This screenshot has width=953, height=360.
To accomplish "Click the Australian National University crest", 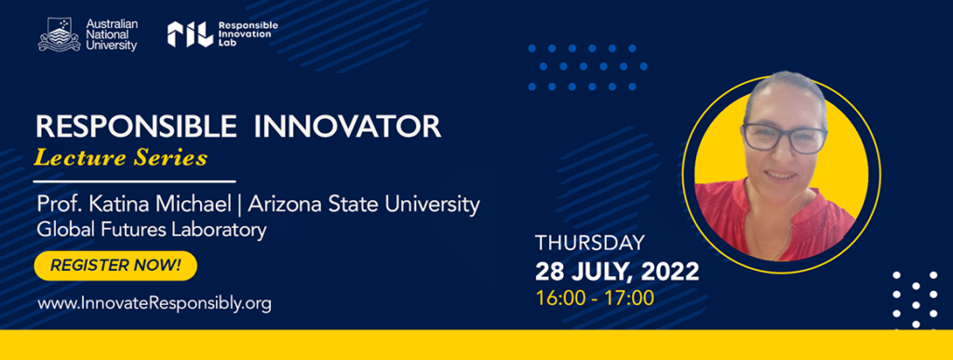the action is tap(59, 34).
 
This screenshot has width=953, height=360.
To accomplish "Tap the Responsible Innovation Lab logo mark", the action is tap(190, 34).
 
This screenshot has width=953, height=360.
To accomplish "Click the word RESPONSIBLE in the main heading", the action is tap(136, 127).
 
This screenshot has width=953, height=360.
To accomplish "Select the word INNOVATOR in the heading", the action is tap(347, 127).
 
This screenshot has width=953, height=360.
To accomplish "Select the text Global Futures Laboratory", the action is tap(152, 231).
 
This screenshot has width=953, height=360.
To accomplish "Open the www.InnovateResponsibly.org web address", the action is tap(154, 303).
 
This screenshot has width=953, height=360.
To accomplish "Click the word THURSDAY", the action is tap(589, 243).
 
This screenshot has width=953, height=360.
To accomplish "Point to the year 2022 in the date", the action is tap(671, 272).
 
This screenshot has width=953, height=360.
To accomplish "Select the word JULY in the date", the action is tap(602, 272).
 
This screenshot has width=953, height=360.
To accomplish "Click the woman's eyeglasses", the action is tap(785, 139).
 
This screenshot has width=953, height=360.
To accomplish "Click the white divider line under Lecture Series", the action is tap(134, 180).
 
